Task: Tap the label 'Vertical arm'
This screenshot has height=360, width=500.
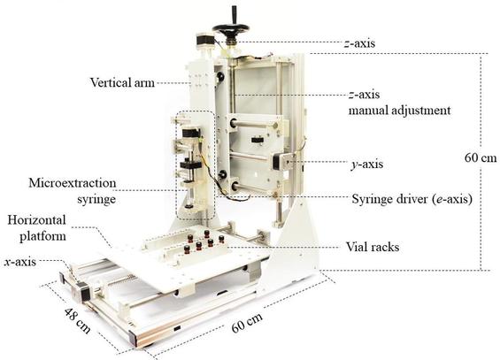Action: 122,82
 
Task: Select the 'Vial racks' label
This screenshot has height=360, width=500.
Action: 373,247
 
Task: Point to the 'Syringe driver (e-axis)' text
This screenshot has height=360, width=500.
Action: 412,199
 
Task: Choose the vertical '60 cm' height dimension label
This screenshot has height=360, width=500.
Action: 481,157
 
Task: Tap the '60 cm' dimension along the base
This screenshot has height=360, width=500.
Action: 247,322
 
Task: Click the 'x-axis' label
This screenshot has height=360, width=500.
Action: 20,262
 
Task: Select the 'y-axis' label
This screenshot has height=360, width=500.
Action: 366,165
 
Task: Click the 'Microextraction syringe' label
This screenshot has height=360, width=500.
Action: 73,191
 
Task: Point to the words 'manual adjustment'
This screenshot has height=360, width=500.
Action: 399,111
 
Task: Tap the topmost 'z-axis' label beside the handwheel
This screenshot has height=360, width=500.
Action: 359,43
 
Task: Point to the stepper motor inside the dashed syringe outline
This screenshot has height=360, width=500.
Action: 191,135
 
